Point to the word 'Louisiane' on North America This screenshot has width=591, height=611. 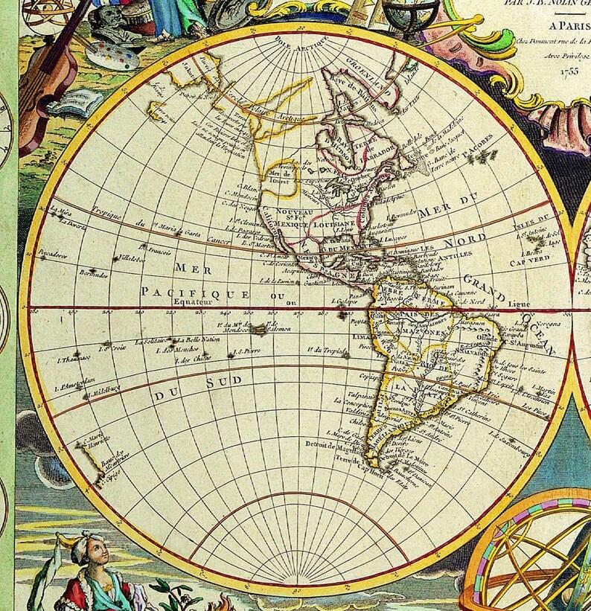(x=332, y=222)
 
